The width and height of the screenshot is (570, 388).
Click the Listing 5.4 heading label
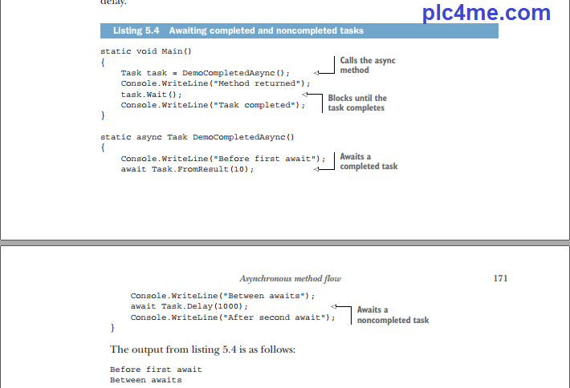pos(238,31)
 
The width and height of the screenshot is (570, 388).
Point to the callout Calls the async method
pos(367,65)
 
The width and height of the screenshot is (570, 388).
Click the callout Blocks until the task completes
pos(356,103)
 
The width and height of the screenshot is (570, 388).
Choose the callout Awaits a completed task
pos(368,161)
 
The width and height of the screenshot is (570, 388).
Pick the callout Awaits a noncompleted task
pos(393,314)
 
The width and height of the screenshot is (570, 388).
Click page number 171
pos(500,278)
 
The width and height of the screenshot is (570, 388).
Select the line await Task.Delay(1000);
pos(189,306)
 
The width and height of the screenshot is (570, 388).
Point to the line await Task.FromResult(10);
pos(187,169)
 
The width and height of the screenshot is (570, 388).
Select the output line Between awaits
pos(146,379)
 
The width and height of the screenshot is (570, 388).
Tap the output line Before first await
pos(156,369)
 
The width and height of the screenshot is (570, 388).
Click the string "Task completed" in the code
pos(259,104)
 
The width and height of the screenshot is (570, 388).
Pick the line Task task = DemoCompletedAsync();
pos(205,72)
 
